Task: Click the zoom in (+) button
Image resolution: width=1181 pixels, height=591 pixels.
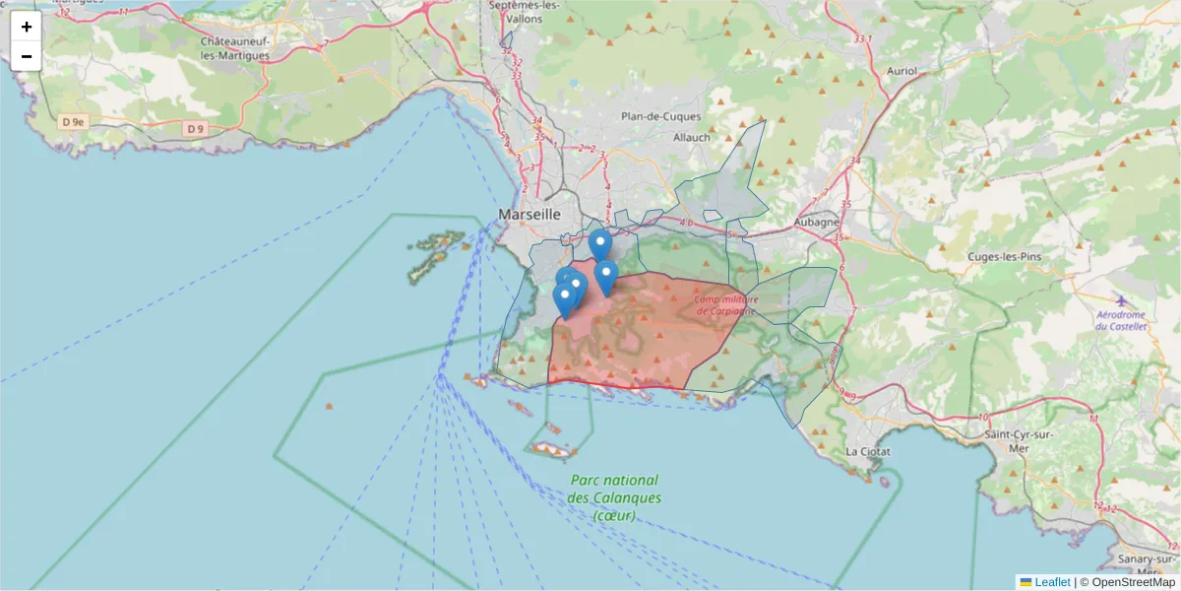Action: click(x=27, y=27)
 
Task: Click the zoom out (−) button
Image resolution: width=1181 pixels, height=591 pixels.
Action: click(x=27, y=56)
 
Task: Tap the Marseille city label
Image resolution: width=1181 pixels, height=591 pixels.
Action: click(x=529, y=214)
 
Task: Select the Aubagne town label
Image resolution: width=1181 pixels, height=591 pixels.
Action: click(x=814, y=224)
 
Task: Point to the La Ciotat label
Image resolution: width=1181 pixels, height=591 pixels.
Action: click(x=868, y=451)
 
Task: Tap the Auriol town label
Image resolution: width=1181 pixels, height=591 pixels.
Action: click(x=901, y=71)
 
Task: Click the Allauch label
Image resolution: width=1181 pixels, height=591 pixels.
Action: click(x=691, y=137)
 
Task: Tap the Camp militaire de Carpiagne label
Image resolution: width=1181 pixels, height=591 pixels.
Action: click(x=724, y=304)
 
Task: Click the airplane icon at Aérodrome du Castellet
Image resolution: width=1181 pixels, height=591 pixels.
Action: click(x=1121, y=299)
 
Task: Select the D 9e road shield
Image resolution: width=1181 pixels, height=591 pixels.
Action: click(x=74, y=122)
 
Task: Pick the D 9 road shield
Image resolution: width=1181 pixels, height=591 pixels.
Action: click(x=195, y=128)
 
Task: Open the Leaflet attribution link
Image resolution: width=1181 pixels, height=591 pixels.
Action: click(x=1052, y=582)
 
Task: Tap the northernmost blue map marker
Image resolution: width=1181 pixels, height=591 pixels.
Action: click(x=599, y=243)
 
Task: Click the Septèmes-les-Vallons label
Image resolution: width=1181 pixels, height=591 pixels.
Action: click(x=525, y=12)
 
